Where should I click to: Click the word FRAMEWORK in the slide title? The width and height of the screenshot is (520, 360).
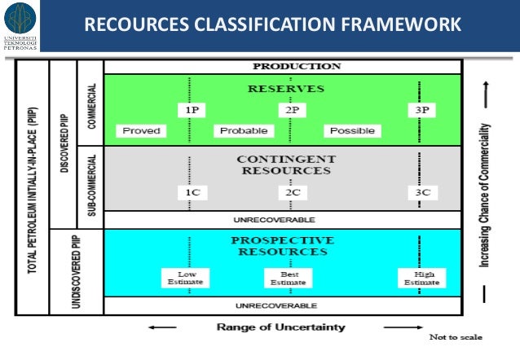pyautogui.click(x=397, y=27)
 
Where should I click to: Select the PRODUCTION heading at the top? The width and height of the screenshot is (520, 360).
pyautogui.click(x=284, y=67)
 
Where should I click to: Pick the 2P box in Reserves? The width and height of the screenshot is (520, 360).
pyautogui.click(x=290, y=108)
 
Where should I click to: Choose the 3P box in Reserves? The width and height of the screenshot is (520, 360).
pyautogui.click(x=421, y=108)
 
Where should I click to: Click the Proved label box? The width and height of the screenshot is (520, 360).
pyautogui.click(x=141, y=130)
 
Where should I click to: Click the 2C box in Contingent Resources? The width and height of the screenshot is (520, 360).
pyautogui.click(x=290, y=193)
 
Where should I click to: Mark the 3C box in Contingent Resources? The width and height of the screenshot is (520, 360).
pyautogui.click(x=421, y=193)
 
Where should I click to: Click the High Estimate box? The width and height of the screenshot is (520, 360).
pyautogui.click(x=421, y=278)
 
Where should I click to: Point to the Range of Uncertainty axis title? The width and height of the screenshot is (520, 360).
pyautogui.click(x=280, y=327)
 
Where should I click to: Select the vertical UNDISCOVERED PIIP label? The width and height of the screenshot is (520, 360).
pyautogui.click(x=66, y=271)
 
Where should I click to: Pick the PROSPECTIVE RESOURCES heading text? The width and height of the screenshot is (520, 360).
pyautogui.click(x=282, y=245)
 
